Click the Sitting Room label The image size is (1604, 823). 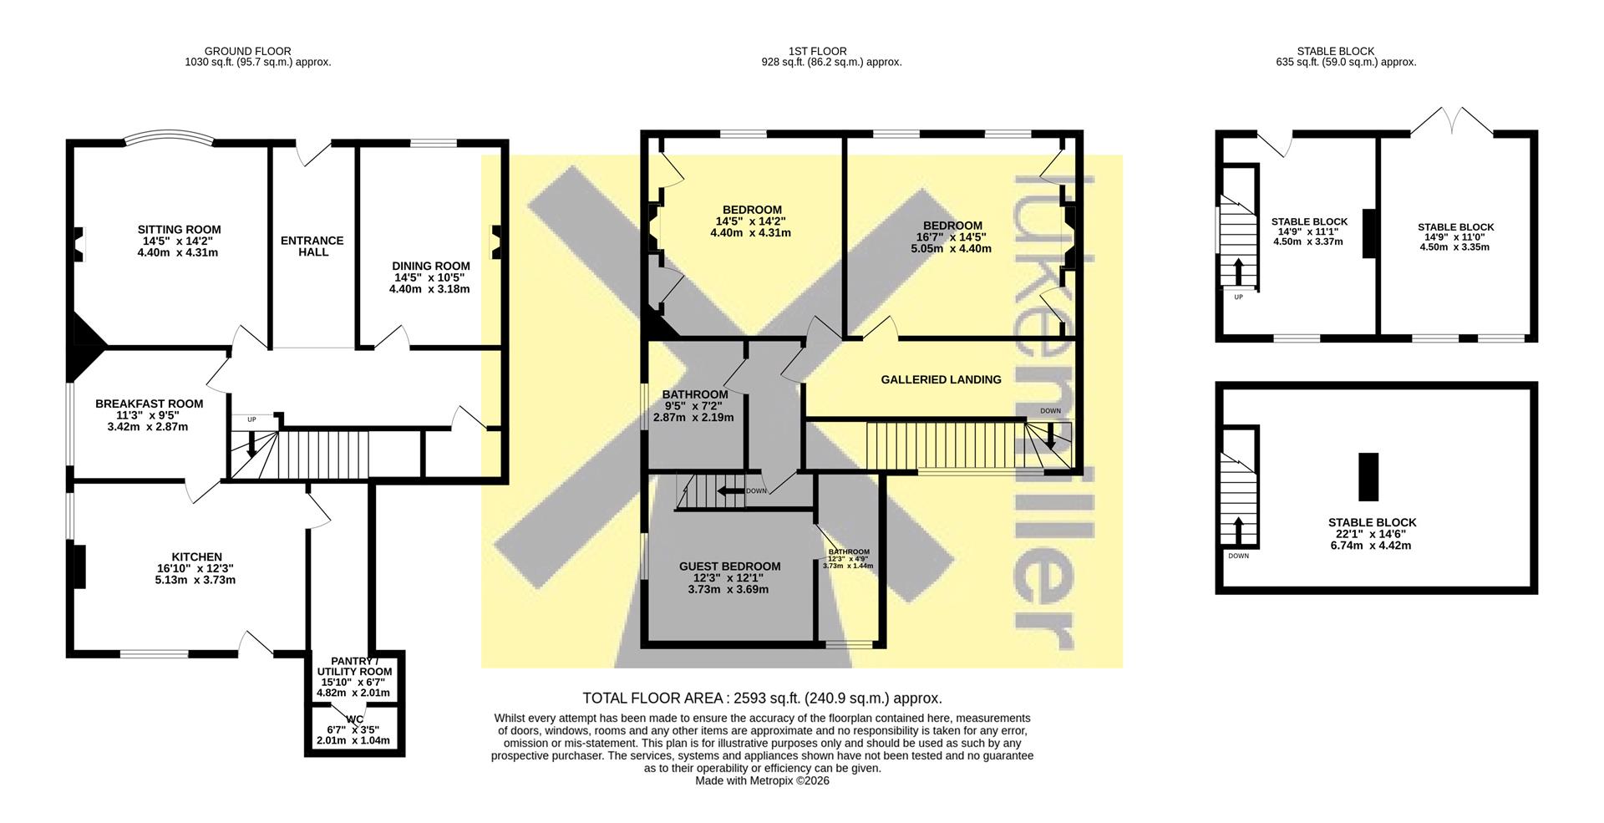point(179,230)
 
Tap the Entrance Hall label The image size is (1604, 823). point(312,246)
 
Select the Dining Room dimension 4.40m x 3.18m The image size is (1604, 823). point(429,290)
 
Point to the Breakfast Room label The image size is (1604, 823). point(149,404)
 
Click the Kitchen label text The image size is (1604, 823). point(197,557)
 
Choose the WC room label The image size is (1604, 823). point(354,719)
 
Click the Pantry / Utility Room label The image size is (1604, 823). point(354,666)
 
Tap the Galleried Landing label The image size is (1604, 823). point(941,379)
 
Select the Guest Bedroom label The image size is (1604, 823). point(729,566)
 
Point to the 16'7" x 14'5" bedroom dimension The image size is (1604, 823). point(952,237)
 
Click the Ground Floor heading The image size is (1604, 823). point(248,52)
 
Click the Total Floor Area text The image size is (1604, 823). point(762,699)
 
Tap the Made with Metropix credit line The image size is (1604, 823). point(762,780)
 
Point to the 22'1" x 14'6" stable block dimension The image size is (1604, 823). point(1372,534)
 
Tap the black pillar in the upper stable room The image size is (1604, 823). point(1369,233)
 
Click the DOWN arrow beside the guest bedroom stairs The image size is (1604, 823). point(731,490)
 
